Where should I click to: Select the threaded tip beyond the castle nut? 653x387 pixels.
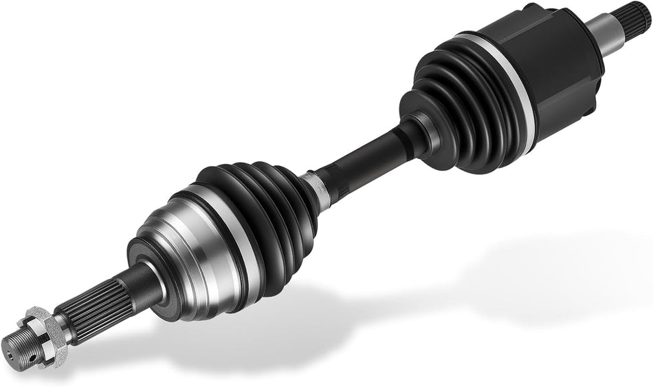[x=23, y=338]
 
